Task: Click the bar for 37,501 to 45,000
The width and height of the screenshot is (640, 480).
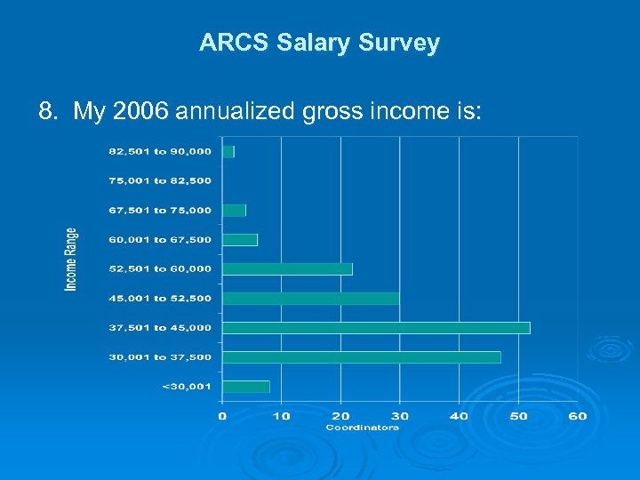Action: coord(375,328)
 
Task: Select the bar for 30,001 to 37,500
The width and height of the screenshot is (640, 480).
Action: coord(361,357)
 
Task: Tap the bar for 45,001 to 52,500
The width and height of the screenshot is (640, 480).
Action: coord(310,299)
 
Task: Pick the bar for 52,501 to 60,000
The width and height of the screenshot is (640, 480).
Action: coord(287,269)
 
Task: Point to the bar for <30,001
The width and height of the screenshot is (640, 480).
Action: coord(245,387)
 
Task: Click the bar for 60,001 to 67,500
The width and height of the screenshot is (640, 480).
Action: coord(239,240)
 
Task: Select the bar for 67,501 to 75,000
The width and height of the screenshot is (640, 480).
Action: coord(234,211)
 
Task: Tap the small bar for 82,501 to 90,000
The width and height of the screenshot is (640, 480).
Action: coord(228,152)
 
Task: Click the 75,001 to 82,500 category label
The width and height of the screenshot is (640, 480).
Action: coord(160,181)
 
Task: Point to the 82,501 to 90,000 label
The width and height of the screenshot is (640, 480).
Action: coord(160,152)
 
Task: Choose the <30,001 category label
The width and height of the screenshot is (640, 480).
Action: coord(187,387)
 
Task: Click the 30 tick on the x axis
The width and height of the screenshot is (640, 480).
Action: coord(400,415)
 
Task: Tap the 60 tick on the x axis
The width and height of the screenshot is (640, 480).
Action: coord(578,415)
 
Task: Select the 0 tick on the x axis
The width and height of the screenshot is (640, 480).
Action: coord(222,415)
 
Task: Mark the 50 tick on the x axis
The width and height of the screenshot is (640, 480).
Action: coord(518,415)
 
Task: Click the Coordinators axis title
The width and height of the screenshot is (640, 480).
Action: coord(363,428)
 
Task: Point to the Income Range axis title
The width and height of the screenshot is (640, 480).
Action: coord(71,259)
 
